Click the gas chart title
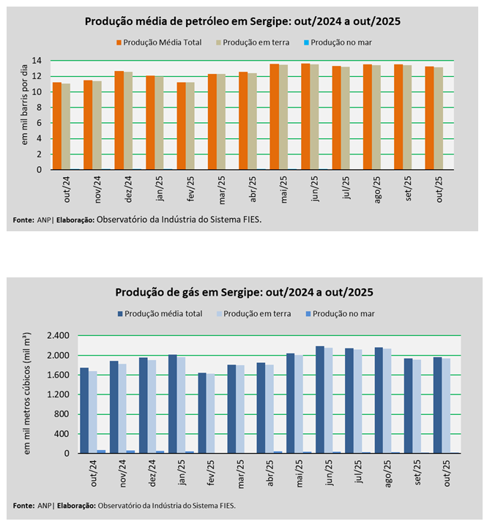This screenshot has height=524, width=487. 244,292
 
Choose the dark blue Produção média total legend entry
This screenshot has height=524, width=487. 160,314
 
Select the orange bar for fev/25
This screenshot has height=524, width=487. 181,126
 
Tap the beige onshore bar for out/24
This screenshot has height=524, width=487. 66,127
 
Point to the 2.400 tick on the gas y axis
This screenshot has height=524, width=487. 58,336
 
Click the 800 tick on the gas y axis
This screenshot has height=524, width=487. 61,414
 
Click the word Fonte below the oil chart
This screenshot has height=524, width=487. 23,219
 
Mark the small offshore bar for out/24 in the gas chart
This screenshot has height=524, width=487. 101,452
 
